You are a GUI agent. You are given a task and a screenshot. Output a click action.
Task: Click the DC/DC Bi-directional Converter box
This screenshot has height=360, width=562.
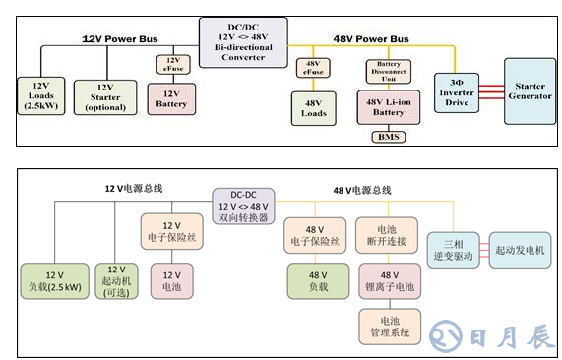tap(243, 42)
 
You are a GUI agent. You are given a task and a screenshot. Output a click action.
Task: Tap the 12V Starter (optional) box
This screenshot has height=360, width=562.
tap(104, 95)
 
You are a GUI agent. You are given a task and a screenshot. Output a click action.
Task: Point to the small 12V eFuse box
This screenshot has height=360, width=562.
tap(168, 65)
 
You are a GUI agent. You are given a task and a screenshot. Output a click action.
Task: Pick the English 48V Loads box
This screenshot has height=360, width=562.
tap(315, 106)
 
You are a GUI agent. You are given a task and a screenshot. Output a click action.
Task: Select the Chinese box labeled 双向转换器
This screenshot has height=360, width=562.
tap(244, 207)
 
